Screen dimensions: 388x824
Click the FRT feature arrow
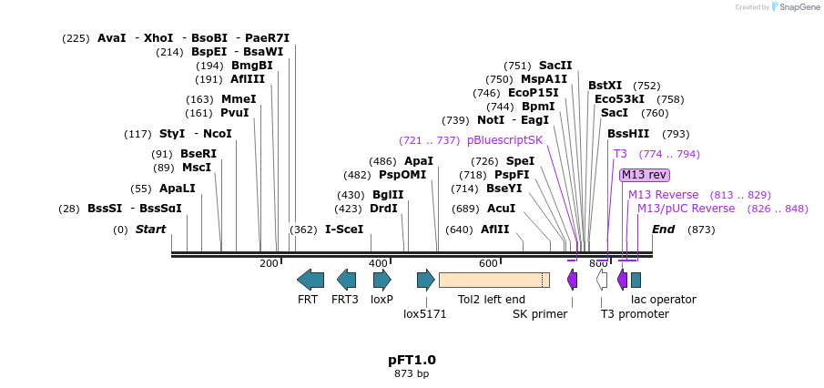click(x=310, y=280)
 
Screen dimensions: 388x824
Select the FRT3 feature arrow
click(x=346, y=280)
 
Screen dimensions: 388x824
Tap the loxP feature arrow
click(x=382, y=280)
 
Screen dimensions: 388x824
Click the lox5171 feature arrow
click(x=426, y=280)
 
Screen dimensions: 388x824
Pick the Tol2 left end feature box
click(x=493, y=280)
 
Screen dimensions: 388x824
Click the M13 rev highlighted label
click(x=644, y=175)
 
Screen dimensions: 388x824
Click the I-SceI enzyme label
click(x=344, y=230)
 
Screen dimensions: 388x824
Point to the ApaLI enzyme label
click(x=177, y=189)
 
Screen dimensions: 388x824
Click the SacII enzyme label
click(x=555, y=66)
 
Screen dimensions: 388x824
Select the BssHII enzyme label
click(x=628, y=134)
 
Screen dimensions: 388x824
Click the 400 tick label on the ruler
click(x=378, y=263)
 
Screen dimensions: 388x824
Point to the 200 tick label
click(x=269, y=263)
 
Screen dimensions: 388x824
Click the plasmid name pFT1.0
click(x=412, y=360)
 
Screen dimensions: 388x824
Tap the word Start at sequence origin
click(x=150, y=230)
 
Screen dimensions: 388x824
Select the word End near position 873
click(x=663, y=230)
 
